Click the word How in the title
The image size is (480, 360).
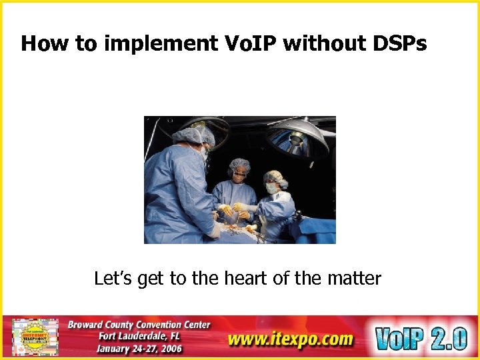pyautogui.click(x=45, y=43)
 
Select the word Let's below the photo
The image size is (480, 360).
pyautogui.click(x=114, y=278)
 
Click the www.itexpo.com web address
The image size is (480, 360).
pyautogui.click(x=290, y=339)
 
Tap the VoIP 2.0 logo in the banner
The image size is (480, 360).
pyautogui.click(x=420, y=338)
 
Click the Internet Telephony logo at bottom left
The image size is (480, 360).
pyautogui.click(x=35, y=337)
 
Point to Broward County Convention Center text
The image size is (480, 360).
pyautogui.click(x=139, y=325)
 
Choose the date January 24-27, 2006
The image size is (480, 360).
pyautogui.click(x=139, y=349)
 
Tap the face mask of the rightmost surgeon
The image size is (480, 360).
pyautogui.click(x=272, y=189)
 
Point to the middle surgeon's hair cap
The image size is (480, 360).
pyautogui.click(x=239, y=165)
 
